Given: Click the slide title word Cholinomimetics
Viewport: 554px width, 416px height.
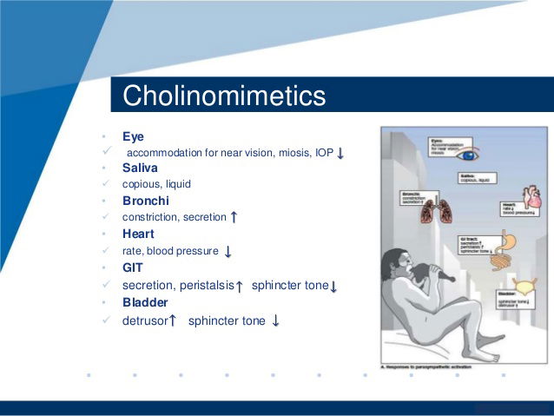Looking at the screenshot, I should (224, 96).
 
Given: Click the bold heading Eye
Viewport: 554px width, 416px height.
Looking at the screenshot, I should (134, 136).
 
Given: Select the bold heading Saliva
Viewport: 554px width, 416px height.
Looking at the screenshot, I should (140, 168).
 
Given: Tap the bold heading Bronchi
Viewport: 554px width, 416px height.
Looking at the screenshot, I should (145, 201).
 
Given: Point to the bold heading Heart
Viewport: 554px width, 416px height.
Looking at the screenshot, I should (138, 234).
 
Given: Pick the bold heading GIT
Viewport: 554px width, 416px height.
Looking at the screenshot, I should (133, 267).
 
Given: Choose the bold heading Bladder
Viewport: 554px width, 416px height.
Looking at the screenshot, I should (145, 302).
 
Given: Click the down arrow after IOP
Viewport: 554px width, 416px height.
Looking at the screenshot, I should (341, 154).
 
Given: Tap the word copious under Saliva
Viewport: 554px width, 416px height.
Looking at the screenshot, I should (141, 184).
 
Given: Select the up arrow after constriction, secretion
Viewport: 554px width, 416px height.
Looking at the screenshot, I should (234, 217).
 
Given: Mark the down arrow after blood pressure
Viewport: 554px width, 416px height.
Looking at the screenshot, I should (228, 252).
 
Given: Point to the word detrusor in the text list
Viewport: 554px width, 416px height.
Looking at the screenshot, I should (144, 320).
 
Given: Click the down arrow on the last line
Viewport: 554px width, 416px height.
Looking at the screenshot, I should (275, 320).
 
